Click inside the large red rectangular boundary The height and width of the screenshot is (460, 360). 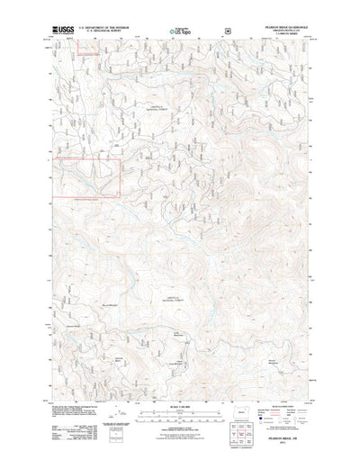click(x=85, y=176)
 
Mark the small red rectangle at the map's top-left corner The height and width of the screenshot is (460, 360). click(x=91, y=51)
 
